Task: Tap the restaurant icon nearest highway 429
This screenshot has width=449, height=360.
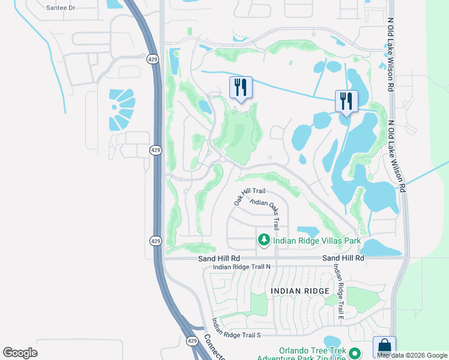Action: (x=241, y=88)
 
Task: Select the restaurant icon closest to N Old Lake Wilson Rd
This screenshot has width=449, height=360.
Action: (x=346, y=101)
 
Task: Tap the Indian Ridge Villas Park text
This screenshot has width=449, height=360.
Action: (x=317, y=241)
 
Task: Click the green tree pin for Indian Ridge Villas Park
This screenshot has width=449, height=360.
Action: (x=264, y=241)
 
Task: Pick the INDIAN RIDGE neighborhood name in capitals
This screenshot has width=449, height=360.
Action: (x=300, y=291)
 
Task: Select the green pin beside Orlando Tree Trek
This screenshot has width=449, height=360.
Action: (x=355, y=353)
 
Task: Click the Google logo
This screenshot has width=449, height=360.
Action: (x=20, y=353)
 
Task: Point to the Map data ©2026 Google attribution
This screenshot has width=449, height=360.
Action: (x=411, y=355)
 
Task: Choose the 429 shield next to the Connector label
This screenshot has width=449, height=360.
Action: (x=191, y=341)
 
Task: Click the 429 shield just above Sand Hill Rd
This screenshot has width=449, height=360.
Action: (x=155, y=241)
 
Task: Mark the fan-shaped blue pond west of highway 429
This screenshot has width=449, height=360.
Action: (x=122, y=109)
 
